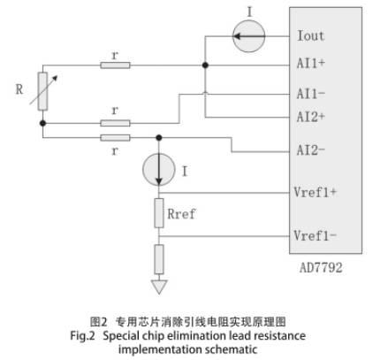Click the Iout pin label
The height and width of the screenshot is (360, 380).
click(x=311, y=36)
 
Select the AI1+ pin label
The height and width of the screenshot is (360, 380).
click(x=311, y=63)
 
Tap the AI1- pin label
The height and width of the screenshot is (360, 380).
click(x=311, y=94)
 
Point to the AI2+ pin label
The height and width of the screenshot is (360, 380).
click(x=311, y=117)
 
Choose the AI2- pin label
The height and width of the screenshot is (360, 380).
click(x=311, y=150)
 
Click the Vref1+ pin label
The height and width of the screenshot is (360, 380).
click(x=315, y=192)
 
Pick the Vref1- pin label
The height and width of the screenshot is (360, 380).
click(x=315, y=235)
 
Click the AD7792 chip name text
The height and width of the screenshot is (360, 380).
click(x=321, y=268)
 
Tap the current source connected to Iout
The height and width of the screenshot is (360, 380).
click(x=249, y=36)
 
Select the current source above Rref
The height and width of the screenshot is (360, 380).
click(x=159, y=170)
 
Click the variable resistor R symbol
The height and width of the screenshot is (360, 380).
click(x=43, y=91)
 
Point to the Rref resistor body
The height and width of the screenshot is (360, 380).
click(x=159, y=213)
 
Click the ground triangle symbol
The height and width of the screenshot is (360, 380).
click(x=159, y=287)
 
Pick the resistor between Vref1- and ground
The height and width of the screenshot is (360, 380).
click(x=159, y=259)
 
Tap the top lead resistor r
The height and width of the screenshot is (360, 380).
click(x=115, y=65)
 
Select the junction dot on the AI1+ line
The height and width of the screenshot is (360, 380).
click(x=205, y=65)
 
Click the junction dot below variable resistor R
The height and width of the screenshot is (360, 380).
click(x=43, y=123)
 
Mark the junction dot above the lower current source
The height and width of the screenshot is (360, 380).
click(x=159, y=137)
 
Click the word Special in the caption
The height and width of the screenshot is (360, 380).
click(x=121, y=336)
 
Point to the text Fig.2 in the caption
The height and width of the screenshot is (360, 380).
click(x=82, y=336)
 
